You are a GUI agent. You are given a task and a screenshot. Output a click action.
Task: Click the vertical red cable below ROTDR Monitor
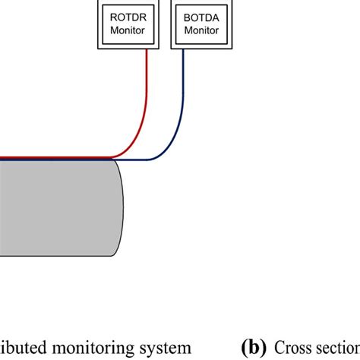[x=144, y=84]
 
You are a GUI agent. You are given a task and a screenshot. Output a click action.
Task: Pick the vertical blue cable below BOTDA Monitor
[x=182, y=84]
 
